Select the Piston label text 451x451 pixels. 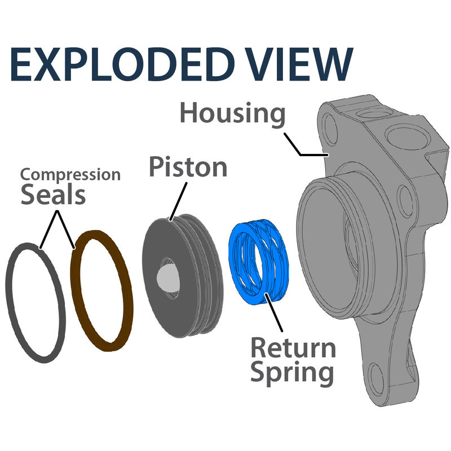click(188, 167)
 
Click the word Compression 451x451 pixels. click(70, 174)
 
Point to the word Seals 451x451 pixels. click(53, 195)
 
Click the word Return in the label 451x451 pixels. click(293, 348)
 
